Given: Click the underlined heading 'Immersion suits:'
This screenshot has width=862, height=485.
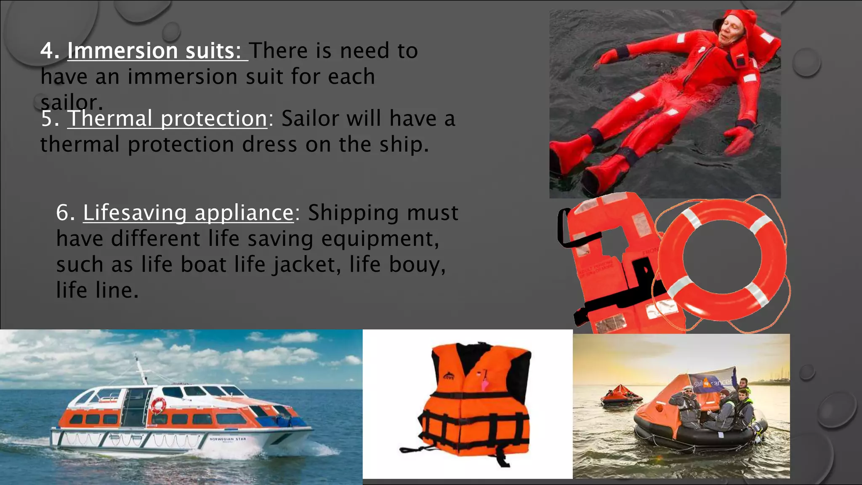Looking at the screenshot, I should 154,51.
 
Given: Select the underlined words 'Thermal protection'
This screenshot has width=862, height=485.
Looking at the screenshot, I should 168,119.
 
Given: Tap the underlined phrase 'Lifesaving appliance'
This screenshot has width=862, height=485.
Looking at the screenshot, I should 188,213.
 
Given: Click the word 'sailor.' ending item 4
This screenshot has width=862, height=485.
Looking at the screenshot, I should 72,102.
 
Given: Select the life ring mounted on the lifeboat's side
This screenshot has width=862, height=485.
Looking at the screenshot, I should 159,405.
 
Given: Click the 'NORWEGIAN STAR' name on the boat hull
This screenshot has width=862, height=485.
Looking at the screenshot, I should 228,439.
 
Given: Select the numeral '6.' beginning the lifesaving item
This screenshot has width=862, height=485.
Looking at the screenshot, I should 65,213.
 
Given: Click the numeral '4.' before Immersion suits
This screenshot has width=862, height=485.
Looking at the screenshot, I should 50,51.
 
